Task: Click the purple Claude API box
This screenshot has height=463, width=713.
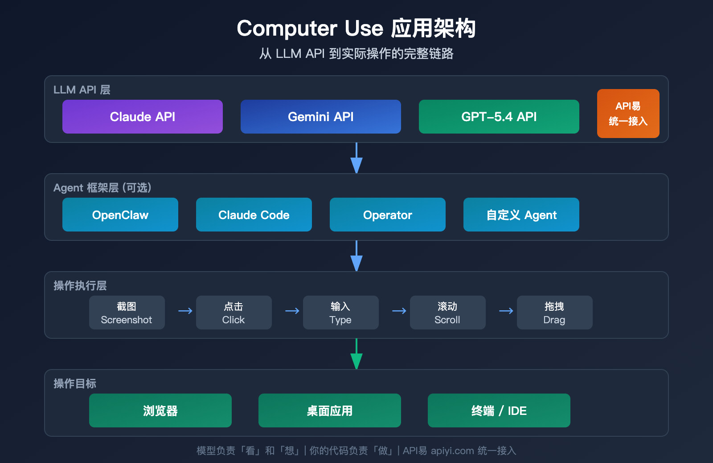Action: click(x=143, y=117)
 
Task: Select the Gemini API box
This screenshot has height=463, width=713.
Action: click(x=321, y=117)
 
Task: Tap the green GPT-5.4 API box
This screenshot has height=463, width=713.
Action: click(x=499, y=117)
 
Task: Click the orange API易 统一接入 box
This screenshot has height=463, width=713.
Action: click(x=628, y=114)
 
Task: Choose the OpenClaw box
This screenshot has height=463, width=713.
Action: click(x=120, y=215)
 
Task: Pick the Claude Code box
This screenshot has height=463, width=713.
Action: click(x=254, y=215)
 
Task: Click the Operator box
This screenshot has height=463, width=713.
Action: click(x=388, y=215)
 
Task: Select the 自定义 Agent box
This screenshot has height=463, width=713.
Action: click(x=521, y=215)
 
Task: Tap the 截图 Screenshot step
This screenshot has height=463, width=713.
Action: click(x=127, y=313)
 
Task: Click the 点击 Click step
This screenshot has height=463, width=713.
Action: click(x=234, y=313)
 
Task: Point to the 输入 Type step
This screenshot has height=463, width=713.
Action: click(x=341, y=313)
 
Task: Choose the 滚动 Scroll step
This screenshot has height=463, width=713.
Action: click(x=448, y=313)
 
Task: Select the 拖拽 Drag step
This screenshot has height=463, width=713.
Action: click(x=555, y=313)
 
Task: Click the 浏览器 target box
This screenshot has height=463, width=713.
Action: click(x=160, y=410)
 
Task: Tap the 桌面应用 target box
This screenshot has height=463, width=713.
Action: click(x=330, y=410)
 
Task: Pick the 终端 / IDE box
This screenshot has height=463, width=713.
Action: click(x=499, y=410)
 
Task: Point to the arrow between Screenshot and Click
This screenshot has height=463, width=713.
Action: click(x=185, y=311)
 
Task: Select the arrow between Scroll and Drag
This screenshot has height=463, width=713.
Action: click(x=506, y=311)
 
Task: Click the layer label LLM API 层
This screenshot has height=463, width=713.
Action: click(x=82, y=90)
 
